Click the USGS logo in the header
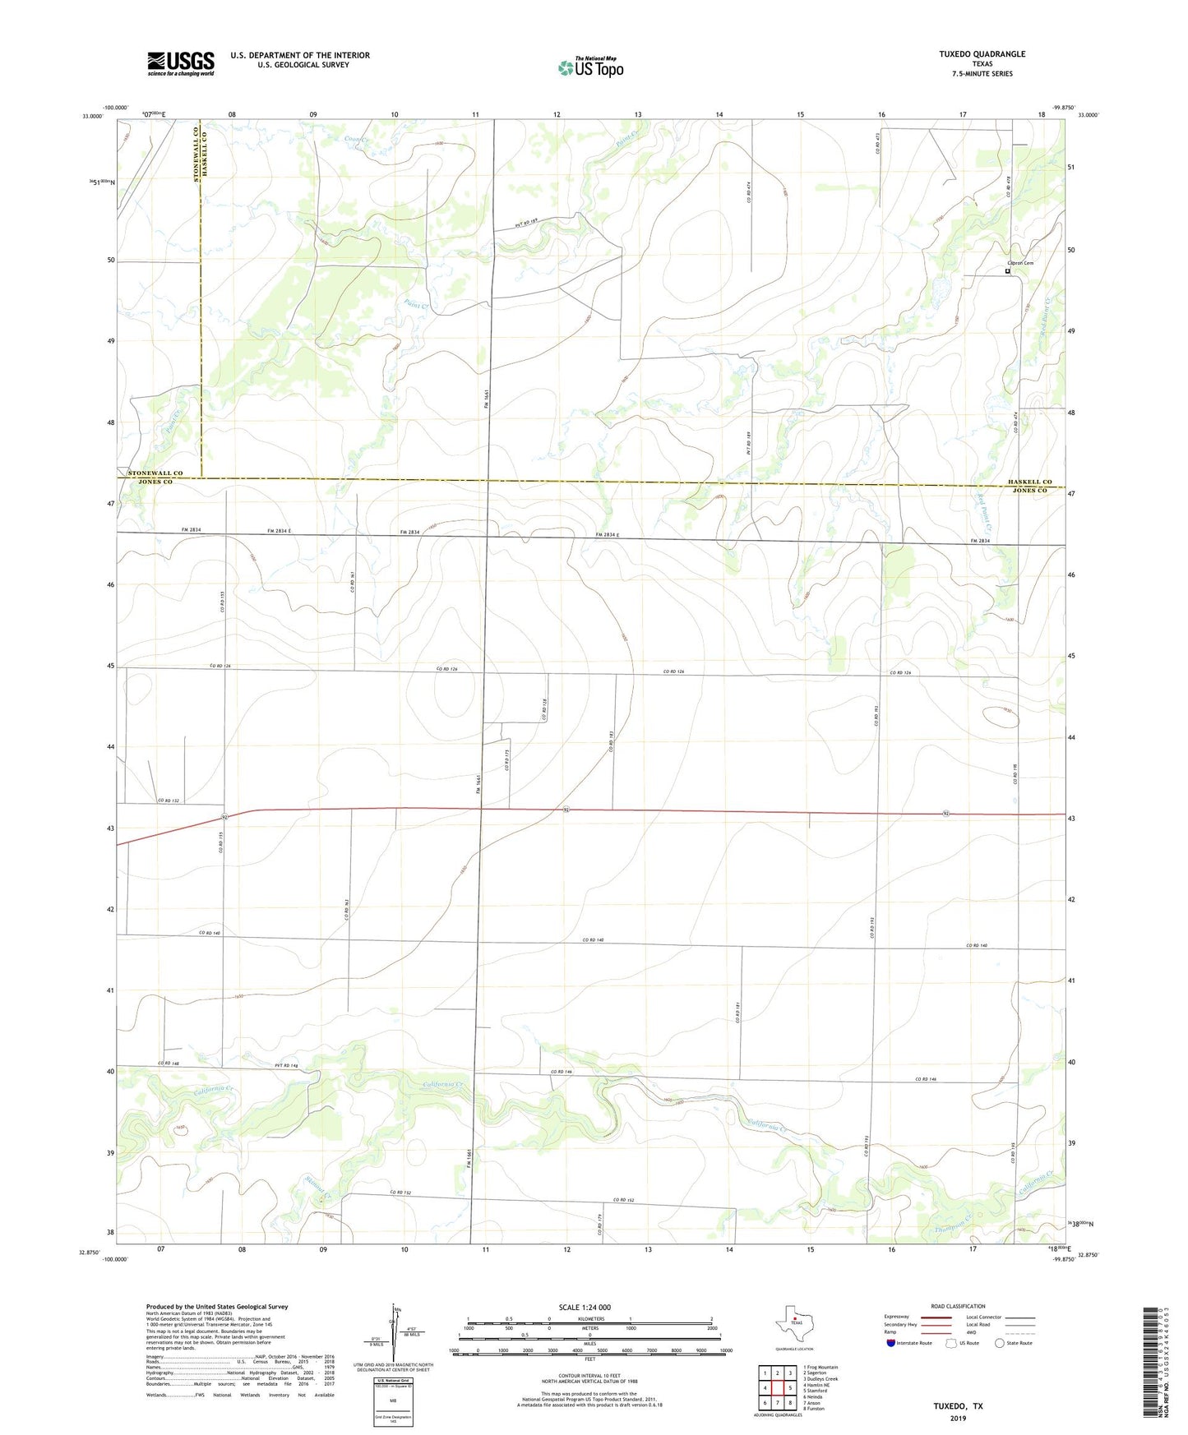180,63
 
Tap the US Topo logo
589,67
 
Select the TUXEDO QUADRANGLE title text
982,54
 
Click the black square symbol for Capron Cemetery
1007,271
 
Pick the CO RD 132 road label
168,801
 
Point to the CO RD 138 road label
543,710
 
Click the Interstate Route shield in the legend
891,1343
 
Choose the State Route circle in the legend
1000,1343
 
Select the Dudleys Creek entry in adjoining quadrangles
819,1378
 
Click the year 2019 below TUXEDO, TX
957,1418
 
